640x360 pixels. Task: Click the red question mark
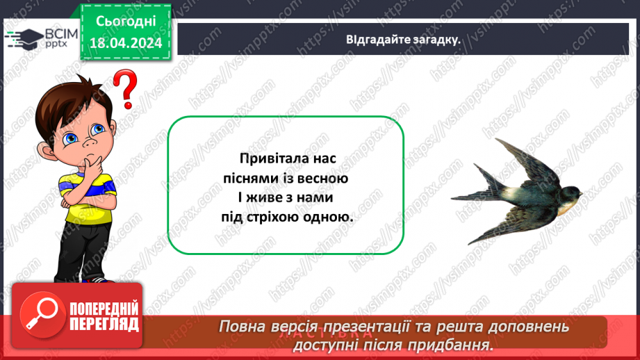(125, 88)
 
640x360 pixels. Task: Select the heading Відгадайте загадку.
(404, 39)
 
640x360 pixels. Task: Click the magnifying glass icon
(40, 317)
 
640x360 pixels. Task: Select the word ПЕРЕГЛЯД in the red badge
(104, 324)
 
